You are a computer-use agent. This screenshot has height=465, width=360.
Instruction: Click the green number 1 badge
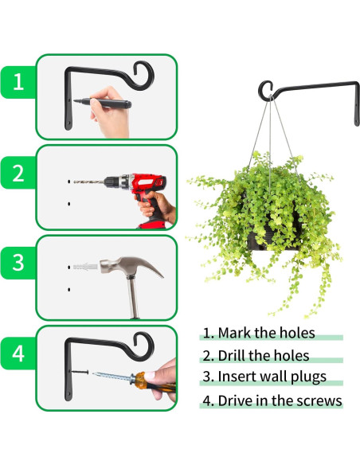pos(17,82)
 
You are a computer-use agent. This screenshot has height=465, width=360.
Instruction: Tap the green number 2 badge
pos(17,173)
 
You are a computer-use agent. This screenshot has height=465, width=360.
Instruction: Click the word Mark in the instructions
pos(234,333)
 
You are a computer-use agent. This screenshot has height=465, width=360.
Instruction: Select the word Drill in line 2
pos(233,356)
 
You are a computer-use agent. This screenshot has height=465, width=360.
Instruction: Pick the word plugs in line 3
pos(303,379)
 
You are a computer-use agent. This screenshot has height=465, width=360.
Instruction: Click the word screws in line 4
pos(317,401)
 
